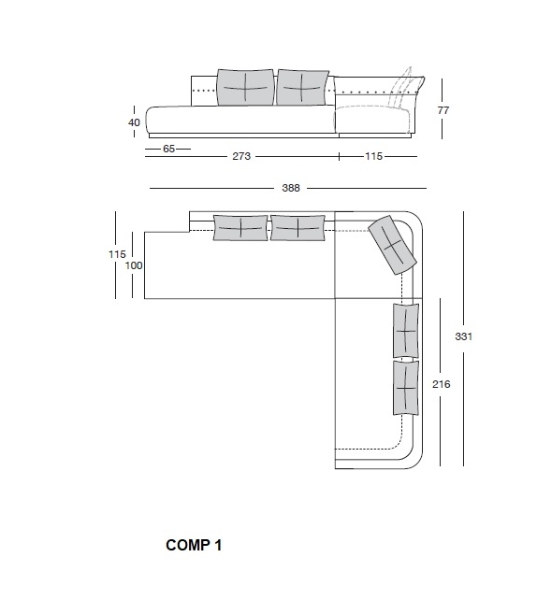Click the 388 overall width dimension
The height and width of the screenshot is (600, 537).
[x=291, y=188]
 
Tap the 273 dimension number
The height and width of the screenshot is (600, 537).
[x=241, y=156]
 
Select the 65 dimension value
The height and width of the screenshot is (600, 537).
[x=169, y=149]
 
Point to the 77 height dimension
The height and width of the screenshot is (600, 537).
[x=443, y=110]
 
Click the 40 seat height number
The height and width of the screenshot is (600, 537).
[x=134, y=122]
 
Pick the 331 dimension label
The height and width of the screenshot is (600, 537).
[x=463, y=336]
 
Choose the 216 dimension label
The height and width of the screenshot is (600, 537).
[x=442, y=384]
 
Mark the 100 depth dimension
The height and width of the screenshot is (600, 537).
[x=134, y=265]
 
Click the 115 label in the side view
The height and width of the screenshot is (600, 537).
[x=373, y=156]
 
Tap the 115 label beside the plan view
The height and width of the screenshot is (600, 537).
[x=117, y=254]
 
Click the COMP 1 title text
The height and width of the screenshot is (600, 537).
[x=194, y=545]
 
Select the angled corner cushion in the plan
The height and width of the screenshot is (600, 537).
[x=392, y=245]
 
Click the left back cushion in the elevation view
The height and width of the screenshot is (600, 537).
[x=246, y=87]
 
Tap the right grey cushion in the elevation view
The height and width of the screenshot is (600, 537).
[x=302, y=87]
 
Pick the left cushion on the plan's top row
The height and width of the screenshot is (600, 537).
[x=240, y=228]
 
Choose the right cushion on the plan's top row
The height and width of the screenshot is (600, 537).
[x=298, y=228]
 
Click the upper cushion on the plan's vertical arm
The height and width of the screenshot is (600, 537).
[x=406, y=331]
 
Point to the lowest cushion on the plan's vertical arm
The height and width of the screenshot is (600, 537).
[x=406, y=388]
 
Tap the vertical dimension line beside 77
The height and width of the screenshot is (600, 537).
[x=442, y=109]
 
